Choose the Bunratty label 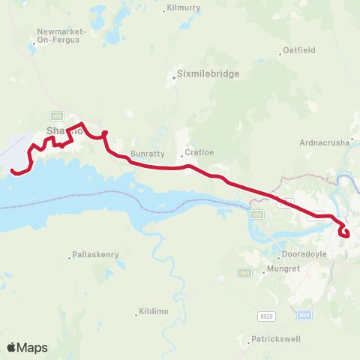point(147,154)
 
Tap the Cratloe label point(199,152)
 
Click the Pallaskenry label point(95,255)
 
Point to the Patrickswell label point(276,338)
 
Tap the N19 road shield point(56,115)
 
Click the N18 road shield point(259,214)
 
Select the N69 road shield point(244,273)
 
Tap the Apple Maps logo point(27,347)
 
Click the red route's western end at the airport point(13,172)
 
